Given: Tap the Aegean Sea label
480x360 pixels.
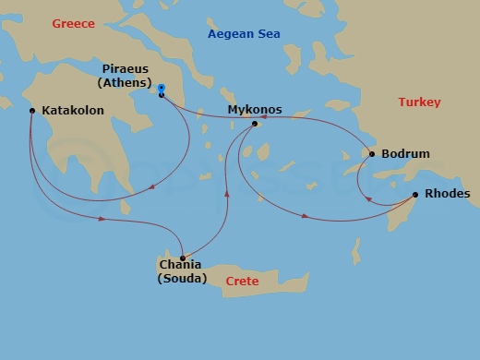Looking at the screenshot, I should click(x=244, y=34).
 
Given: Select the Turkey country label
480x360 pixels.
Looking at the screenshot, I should click(x=419, y=102).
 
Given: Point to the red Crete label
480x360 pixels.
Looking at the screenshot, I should click(x=243, y=281).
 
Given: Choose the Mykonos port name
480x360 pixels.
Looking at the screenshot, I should click(x=255, y=110).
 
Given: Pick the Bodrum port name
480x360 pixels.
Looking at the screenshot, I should click(x=405, y=154).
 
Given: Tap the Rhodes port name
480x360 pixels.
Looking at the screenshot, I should click(x=448, y=194).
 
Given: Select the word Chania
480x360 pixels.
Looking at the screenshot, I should click(x=179, y=266).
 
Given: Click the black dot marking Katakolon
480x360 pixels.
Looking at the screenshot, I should click(x=32, y=111).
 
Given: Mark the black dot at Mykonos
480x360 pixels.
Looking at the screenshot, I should click(x=255, y=123).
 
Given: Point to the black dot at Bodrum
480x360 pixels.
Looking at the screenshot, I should click(x=372, y=154).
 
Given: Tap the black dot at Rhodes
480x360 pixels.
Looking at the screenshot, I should click(x=415, y=194).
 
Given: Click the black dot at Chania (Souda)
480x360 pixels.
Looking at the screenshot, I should click(x=183, y=258).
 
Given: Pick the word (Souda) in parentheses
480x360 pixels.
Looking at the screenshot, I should click(x=179, y=279).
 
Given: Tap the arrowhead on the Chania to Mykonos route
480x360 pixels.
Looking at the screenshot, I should click(x=227, y=196).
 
